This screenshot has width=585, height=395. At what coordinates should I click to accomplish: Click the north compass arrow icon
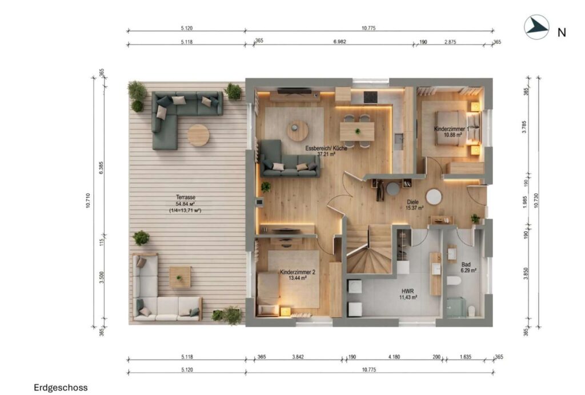536,27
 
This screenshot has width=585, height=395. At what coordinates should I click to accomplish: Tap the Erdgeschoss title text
61,388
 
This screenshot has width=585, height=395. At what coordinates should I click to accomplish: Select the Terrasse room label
186,197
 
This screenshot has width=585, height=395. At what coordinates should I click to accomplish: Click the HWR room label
408,291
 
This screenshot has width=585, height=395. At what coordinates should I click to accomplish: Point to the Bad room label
466,265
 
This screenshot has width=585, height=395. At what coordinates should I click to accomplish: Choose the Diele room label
412,202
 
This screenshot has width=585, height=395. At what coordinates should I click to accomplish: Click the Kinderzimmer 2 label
297,272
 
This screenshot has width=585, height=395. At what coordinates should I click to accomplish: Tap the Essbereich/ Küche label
326,148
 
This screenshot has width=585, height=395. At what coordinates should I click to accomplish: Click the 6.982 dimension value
339,42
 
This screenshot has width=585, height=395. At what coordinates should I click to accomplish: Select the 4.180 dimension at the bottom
394,357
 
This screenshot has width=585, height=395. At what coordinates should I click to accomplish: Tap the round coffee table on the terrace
198,135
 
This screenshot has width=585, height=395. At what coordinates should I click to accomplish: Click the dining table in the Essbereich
357,131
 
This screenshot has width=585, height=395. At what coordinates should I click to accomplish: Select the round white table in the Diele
434,197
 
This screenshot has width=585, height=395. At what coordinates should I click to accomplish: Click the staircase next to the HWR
368,249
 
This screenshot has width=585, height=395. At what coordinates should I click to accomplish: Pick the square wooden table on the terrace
180,277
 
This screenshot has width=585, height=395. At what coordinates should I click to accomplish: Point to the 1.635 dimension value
465,357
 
